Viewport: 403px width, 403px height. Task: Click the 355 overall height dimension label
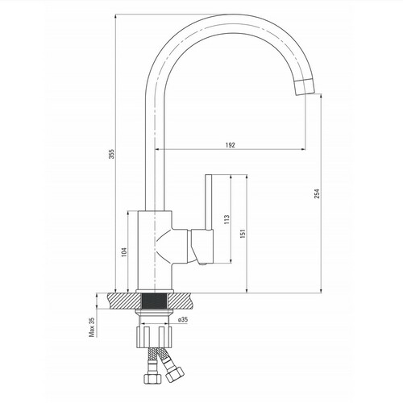pos(112,154)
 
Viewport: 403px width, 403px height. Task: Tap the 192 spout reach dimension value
pos(231,145)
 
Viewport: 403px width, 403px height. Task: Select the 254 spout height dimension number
pos(318,193)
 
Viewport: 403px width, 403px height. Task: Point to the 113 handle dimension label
pos(227,219)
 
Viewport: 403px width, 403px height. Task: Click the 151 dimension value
pos(243,234)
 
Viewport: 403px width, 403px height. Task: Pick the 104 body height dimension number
pos(124,251)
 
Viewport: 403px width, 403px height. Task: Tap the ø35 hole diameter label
pos(183,319)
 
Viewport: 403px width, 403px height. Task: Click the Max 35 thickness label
pos(92,327)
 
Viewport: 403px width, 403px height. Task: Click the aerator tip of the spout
pos(305,87)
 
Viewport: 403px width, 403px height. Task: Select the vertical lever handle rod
pos(209,202)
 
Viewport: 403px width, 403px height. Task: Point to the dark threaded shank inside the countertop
pos(155,301)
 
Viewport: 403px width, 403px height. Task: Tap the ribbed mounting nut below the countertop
pos(154,337)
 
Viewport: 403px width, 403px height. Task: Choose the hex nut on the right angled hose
pos(174,373)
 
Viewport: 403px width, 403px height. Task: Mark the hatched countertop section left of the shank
pos(124,301)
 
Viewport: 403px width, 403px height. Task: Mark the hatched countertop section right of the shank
pos(180,301)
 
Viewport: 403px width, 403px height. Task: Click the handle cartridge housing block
pos(202,246)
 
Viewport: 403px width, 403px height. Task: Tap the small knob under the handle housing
pos(202,264)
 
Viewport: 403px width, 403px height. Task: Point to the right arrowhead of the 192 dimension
pos(304,149)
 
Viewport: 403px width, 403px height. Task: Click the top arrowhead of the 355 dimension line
pos(115,16)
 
